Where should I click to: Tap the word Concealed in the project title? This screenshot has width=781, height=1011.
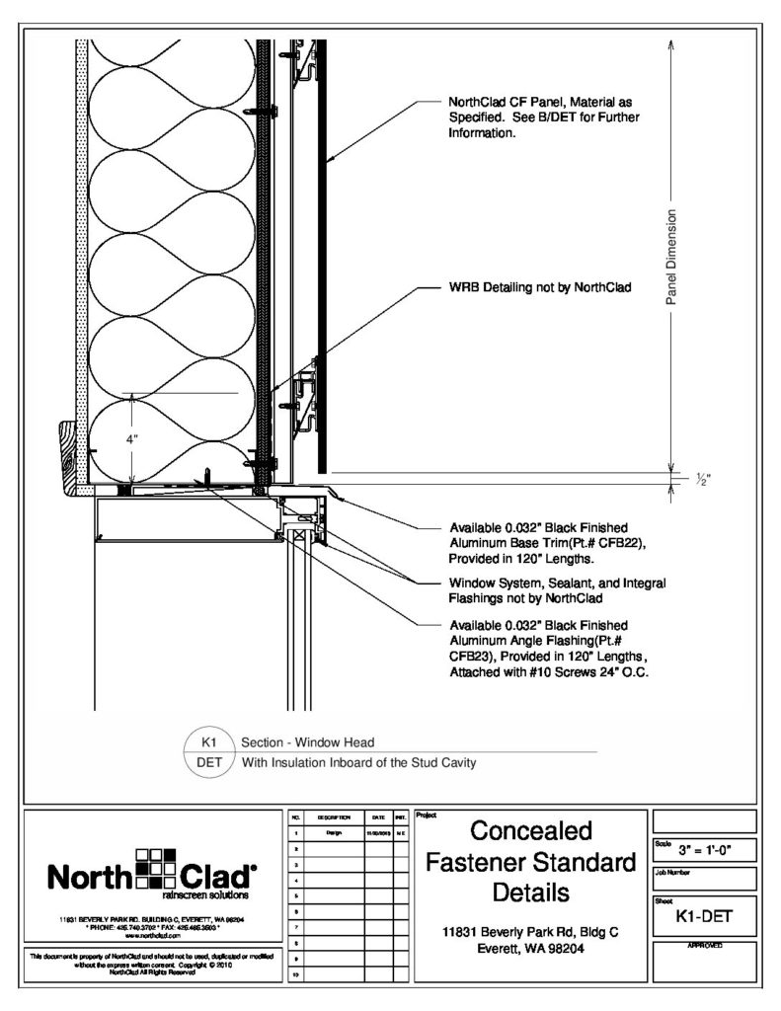(x=529, y=828)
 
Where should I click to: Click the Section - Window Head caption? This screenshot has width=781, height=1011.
(x=307, y=741)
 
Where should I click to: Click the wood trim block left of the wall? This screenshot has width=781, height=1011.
(x=70, y=455)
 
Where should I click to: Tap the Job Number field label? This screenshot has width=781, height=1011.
(x=673, y=872)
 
